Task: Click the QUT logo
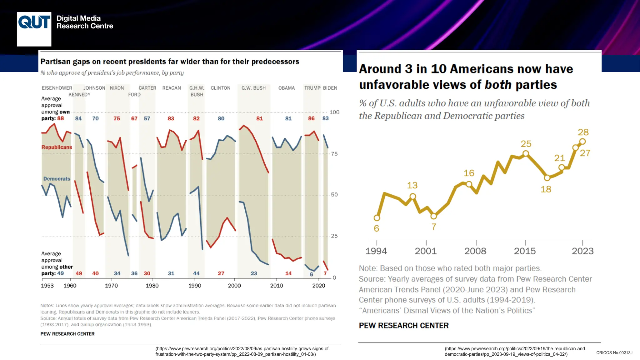coord(34,29)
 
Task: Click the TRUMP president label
coord(312,88)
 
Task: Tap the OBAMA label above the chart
coord(287,88)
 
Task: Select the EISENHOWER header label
coord(57,88)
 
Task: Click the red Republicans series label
coord(57,147)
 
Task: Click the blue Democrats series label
coord(57,179)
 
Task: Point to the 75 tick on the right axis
coord(334,154)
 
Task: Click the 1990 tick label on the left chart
coord(195,286)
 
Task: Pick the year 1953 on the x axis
coord(47,286)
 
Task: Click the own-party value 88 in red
coord(60,118)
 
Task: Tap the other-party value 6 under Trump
coord(311,274)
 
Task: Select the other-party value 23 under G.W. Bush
coord(254,273)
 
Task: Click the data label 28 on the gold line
coord(583,132)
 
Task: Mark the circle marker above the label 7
coord(433,216)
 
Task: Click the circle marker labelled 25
coord(526,153)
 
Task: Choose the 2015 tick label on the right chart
coord(525,251)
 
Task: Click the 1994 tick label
coord(376,251)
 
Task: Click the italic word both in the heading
coord(498,85)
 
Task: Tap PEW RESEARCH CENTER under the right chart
coord(403,326)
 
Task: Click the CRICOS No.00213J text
coord(614,353)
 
